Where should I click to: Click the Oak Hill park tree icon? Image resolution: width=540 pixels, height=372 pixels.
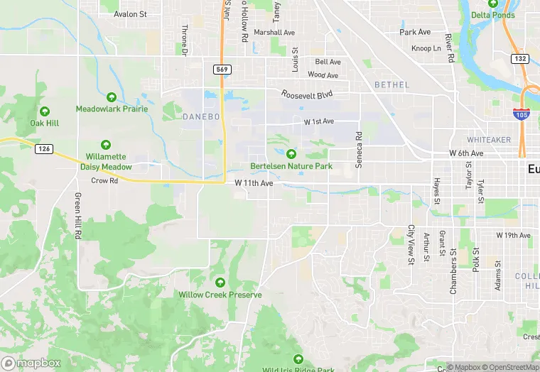pyautogui.click(x=45, y=111)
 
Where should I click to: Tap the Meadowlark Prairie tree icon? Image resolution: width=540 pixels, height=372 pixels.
pyautogui.click(x=112, y=97)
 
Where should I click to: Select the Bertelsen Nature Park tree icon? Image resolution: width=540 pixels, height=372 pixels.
pyautogui.click(x=291, y=154)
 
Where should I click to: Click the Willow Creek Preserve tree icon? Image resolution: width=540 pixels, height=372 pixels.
pyautogui.click(x=220, y=283)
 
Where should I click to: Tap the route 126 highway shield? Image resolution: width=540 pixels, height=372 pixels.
pyautogui.click(x=44, y=148)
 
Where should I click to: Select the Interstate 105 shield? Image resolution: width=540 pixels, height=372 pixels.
pyautogui.click(x=522, y=113)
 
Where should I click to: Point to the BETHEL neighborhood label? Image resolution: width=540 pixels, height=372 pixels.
pyautogui.click(x=391, y=84)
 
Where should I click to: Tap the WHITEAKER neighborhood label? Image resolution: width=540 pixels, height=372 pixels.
pyautogui.click(x=489, y=140)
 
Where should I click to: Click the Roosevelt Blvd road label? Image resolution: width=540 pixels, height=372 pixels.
pyautogui.click(x=306, y=94)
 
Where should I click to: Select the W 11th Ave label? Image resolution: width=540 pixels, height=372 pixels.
pyautogui.click(x=254, y=182)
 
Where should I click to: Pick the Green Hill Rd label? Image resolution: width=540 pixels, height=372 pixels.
pyautogui.click(x=77, y=216)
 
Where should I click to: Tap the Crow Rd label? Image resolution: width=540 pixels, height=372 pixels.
pyautogui.click(x=104, y=181)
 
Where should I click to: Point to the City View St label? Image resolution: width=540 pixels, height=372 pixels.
pyautogui.click(x=411, y=245)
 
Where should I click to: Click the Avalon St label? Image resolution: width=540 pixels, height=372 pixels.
pyautogui.click(x=130, y=13)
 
